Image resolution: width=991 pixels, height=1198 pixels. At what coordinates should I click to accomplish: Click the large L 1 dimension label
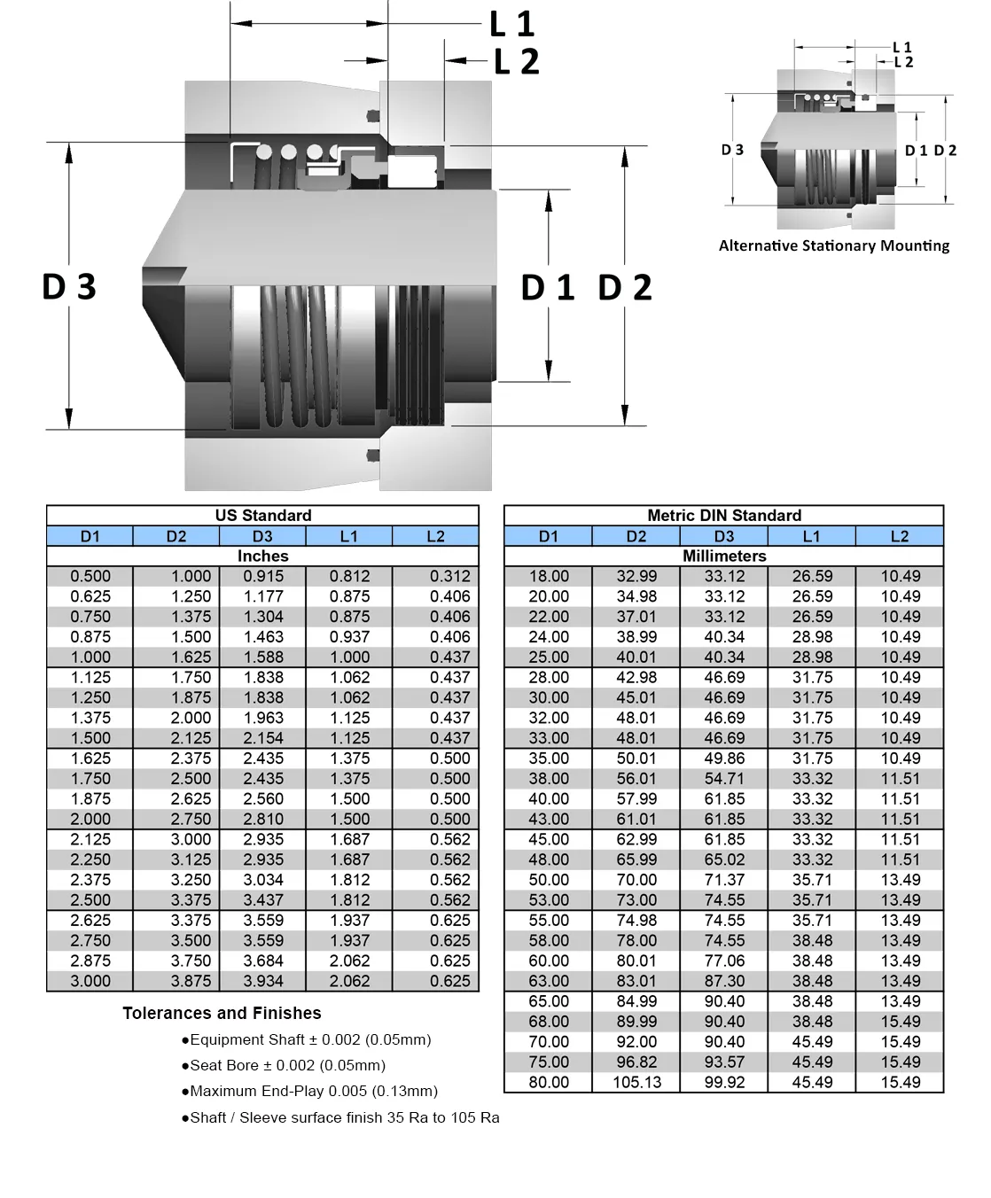[x=511, y=24]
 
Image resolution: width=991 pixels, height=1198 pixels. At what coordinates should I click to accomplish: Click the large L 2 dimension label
[x=516, y=62]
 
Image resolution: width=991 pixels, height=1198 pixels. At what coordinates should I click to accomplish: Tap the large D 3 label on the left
[x=69, y=287]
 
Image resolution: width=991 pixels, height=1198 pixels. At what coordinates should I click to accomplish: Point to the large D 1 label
[x=547, y=287]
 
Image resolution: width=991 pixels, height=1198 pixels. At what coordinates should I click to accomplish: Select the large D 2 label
[x=625, y=287]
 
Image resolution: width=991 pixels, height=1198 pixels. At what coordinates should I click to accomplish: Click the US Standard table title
[x=263, y=516]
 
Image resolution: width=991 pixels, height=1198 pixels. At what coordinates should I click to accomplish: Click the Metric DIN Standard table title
[x=723, y=516]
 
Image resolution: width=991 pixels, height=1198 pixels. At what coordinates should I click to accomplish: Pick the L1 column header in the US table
[x=349, y=536]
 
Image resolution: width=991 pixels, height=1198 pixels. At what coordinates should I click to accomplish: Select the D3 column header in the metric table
[x=723, y=536]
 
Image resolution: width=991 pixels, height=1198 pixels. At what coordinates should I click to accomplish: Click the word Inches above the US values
[x=263, y=556]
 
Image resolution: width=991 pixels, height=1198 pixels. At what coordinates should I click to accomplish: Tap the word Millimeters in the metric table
[x=723, y=556]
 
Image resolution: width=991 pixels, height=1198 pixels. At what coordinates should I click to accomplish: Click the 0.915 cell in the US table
[x=263, y=576]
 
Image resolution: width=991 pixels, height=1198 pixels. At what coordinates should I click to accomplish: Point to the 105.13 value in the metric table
[x=636, y=1082]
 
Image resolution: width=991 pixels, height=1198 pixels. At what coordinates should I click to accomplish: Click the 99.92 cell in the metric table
[x=724, y=1082]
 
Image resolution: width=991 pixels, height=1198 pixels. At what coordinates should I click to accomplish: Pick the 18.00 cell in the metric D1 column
[x=549, y=576]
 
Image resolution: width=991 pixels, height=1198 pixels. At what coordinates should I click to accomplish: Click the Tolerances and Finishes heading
[x=222, y=1013]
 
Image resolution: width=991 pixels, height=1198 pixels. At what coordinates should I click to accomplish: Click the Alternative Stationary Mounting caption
[x=833, y=246]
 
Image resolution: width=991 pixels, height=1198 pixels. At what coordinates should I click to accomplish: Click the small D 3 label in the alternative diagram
[x=732, y=151]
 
